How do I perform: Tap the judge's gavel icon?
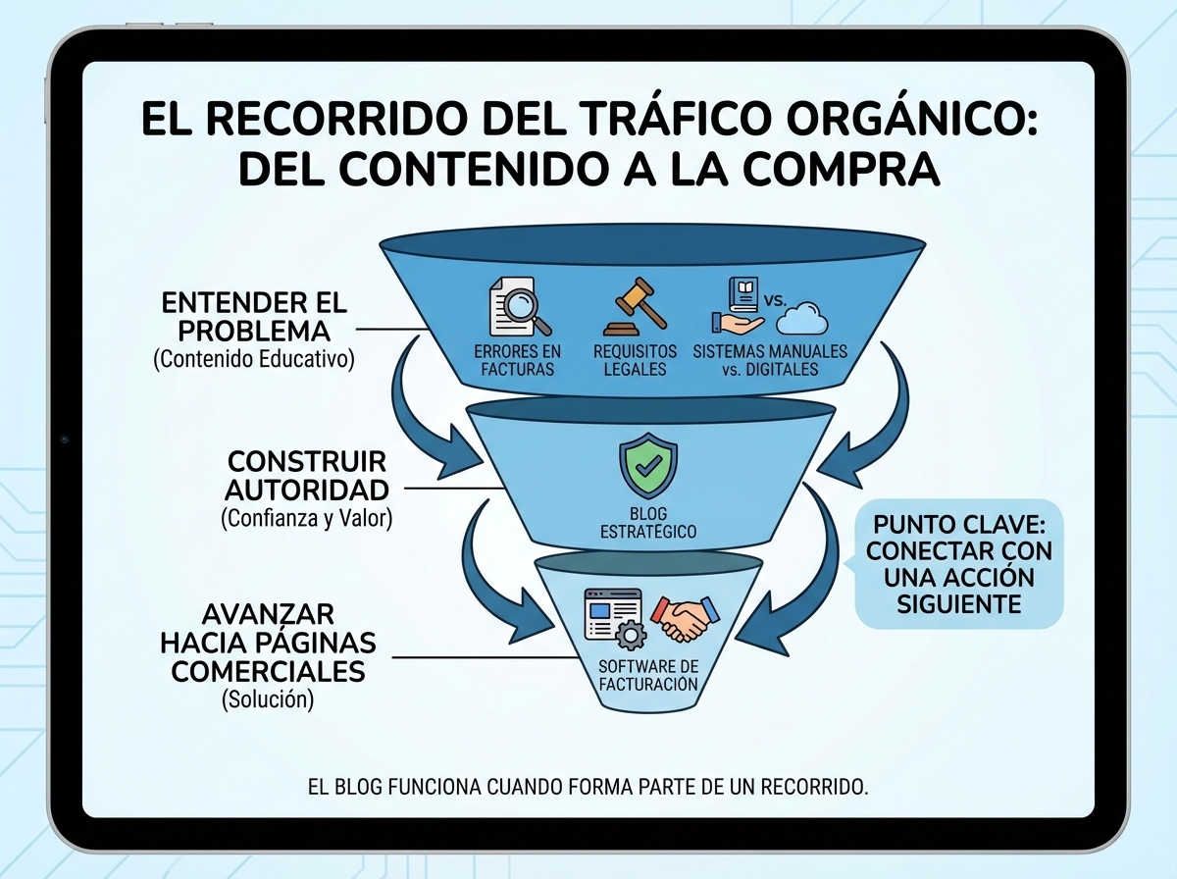634,305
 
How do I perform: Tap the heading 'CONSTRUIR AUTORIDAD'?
308,475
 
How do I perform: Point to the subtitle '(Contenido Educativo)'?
254,359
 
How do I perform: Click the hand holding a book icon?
737,309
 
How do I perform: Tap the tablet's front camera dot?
64,439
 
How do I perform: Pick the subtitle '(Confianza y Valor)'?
307,517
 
